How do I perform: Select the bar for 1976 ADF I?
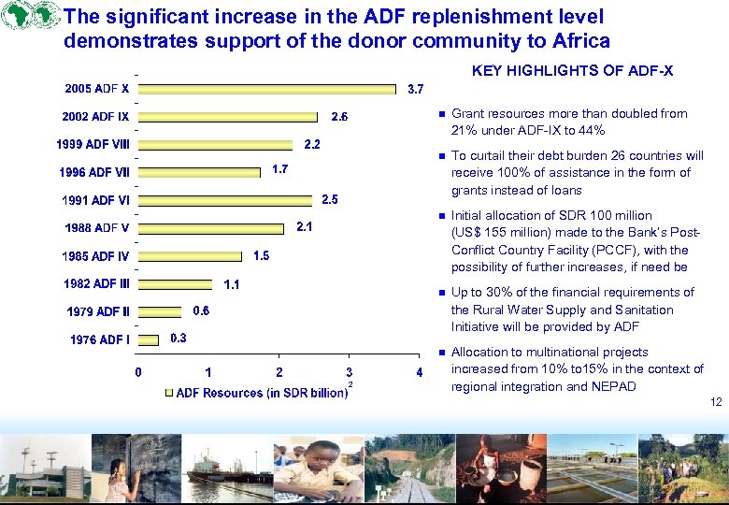pyautogui.click(x=149, y=339)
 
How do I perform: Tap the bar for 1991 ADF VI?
pyautogui.click(x=225, y=200)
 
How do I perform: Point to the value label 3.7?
pyautogui.click(x=416, y=90)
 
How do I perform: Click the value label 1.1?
pyautogui.click(x=232, y=284)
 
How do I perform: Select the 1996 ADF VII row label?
pyautogui.click(x=95, y=173)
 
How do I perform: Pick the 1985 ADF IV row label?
pyautogui.click(x=95, y=256)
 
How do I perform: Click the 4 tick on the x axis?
pyautogui.click(x=420, y=372)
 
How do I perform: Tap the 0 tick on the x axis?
pyautogui.click(x=138, y=372)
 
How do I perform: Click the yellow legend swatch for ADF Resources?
pyautogui.click(x=168, y=393)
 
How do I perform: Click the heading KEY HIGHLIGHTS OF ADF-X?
pyautogui.click(x=572, y=71)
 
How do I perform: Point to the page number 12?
pyautogui.click(x=716, y=402)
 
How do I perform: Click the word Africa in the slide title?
pyautogui.click(x=580, y=41)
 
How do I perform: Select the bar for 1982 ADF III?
pyautogui.click(x=177, y=283)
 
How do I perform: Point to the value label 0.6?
pyautogui.click(x=201, y=310)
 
